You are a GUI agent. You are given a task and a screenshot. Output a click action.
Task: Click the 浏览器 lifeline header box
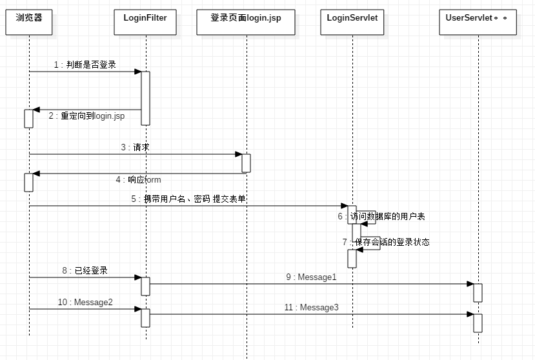[x=29, y=22]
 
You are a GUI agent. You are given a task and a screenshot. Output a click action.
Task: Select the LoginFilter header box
[x=145, y=22]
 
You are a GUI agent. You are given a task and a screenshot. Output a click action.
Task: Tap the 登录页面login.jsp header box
[x=246, y=22]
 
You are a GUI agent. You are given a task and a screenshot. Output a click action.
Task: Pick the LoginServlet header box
[x=352, y=22]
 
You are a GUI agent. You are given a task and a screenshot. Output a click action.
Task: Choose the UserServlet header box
[x=478, y=22]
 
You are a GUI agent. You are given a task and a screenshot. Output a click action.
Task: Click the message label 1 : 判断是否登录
[x=85, y=65]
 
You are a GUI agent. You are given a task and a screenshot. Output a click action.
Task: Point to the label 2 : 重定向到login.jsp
[x=86, y=116]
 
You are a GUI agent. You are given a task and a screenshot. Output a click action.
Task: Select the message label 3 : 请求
[x=135, y=147]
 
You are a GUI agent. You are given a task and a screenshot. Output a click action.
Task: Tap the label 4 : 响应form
[x=138, y=179]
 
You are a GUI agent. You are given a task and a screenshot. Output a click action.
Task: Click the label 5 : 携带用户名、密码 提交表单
[x=188, y=199]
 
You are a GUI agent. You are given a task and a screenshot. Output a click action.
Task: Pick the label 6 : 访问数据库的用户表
[x=381, y=216]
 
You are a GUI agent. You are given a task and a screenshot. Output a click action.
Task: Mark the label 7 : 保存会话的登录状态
[x=386, y=242]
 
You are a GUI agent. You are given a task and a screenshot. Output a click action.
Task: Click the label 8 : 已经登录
[x=85, y=270]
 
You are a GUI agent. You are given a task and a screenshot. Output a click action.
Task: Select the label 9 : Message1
[x=311, y=277]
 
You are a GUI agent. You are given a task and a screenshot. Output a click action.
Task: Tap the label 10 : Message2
[x=85, y=302]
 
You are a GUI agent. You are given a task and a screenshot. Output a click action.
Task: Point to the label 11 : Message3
[x=312, y=307]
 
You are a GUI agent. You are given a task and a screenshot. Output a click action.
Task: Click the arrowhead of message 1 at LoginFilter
[x=138, y=72]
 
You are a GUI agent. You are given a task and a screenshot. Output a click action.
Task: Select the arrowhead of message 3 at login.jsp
[x=239, y=154]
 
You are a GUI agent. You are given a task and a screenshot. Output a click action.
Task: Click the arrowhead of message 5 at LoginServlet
[x=344, y=206]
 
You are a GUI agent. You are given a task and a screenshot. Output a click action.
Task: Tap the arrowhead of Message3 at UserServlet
[x=470, y=314]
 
